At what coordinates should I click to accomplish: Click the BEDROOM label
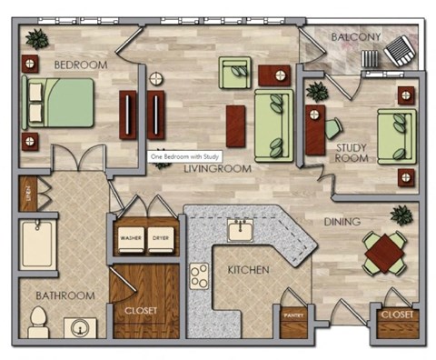(81, 65)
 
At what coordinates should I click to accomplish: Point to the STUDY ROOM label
(352, 152)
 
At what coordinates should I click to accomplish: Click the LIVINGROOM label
(218, 169)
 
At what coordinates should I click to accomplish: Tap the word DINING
(342, 221)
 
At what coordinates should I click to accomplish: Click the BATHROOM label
(64, 295)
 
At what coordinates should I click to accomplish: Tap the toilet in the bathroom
(38, 321)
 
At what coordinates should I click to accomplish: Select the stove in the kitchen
(198, 274)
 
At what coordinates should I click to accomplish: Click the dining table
(384, 251)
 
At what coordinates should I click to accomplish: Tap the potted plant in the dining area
(401, 215)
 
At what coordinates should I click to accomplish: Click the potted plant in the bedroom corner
(37, 39)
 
